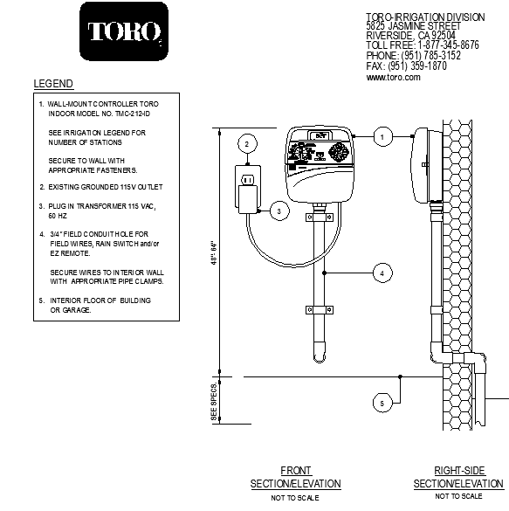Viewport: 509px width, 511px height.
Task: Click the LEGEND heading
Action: point(53,84)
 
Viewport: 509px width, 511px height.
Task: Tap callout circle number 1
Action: point(381,136)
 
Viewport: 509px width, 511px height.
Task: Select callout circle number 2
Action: point(247,144)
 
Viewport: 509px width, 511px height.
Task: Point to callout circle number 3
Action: point(278,211)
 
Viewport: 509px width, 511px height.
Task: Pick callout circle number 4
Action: point(381,273)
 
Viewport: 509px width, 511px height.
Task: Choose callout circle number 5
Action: point(381,403)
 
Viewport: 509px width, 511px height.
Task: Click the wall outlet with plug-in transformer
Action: point(247,186)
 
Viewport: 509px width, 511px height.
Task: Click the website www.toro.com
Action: point(393,77)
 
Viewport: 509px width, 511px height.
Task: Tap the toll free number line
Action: point(423,45)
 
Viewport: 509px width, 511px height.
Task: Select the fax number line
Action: point(406,66)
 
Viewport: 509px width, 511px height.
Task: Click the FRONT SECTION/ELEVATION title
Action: point(295,478)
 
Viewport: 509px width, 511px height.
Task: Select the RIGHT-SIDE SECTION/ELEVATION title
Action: point(457,478)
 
